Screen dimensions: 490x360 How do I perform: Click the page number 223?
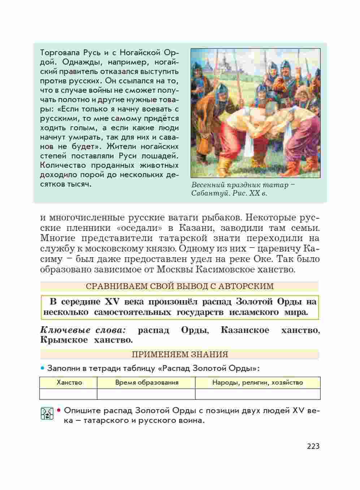[313, 446]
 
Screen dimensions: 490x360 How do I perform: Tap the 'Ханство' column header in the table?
[69, 382]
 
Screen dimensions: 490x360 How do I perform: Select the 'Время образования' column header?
[147, 382]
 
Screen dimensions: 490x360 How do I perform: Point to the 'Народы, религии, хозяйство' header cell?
[257, 382]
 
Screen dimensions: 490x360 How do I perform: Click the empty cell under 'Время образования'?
[146, 394]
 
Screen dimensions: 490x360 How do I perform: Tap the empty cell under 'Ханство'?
[69, 394]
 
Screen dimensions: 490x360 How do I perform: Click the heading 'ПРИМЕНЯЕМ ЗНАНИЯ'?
[180, 354]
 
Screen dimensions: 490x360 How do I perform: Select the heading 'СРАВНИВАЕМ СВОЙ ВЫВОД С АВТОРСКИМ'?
[180, 286]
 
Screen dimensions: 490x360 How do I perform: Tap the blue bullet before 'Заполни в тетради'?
[43, 368]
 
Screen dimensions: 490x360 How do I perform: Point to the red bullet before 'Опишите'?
[60, 411]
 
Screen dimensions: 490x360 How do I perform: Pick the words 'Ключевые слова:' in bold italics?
[83, 330]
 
